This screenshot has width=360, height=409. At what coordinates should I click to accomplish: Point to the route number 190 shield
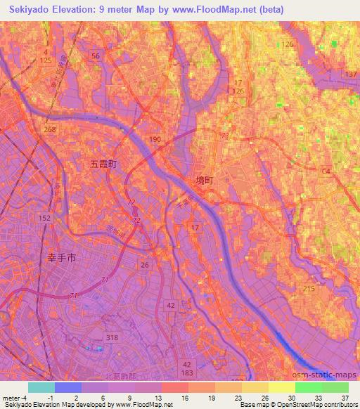155,141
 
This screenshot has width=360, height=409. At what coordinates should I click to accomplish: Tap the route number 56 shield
96,55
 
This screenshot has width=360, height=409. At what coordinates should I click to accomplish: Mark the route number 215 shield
309,289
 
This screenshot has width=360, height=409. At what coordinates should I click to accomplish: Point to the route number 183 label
186,373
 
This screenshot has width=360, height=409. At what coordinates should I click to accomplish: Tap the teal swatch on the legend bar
41,387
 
